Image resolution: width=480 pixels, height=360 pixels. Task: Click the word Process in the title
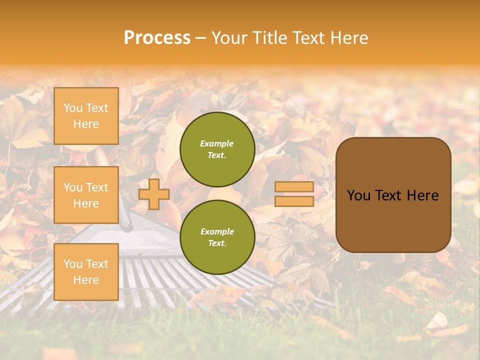pyautogui.click(x=157, y=38)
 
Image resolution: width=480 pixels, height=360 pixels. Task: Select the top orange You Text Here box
pyautogui.click(x=86, y=116)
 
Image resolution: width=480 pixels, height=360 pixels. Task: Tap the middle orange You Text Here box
pyautogui.click(x=86, y=195)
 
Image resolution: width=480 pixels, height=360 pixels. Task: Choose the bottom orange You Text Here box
pyautogui.click(x=86, y=271)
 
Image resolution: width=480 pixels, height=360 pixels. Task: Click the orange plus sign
pyautogui.click(x=153, y=194)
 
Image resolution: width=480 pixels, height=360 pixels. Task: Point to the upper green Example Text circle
pyautogui.click(x=217, y=149)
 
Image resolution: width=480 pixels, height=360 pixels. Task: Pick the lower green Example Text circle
pyautogui.click(x=217, y=237)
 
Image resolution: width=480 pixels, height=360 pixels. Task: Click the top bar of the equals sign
pyautogui.click(x=294, y=187)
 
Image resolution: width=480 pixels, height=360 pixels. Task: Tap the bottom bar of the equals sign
pyautogui.click(x=294, y=201)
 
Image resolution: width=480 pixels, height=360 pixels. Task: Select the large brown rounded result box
pyautogui.click(x=393, y=195)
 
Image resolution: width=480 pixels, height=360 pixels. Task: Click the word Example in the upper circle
pyautogui.click(x=217, y=143)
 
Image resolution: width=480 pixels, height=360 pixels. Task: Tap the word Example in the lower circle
pyautogui.click(x=217, y=231)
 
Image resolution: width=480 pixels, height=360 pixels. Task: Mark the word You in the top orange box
pyautogui.click(x=72, y=108)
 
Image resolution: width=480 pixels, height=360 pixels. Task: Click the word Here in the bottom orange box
pyautogui.click(x=86, y=280)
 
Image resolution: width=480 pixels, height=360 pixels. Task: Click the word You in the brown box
pyautogui.click(x=358, y=195)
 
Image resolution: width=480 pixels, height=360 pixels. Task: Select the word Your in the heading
pyautogui.click(x=229, y=38)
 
